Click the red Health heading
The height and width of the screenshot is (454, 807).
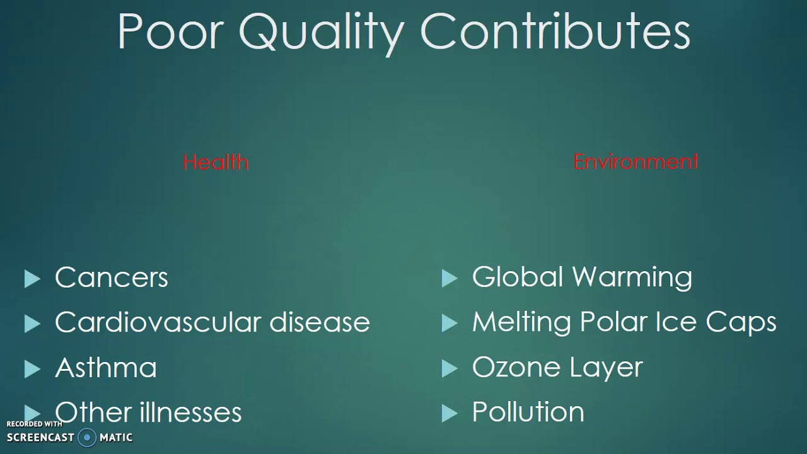tap(216, 163)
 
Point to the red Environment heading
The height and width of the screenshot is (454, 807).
tap(636, 162)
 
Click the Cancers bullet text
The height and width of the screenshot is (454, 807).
tap(112, 277)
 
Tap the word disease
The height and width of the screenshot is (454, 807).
tap(320, 322)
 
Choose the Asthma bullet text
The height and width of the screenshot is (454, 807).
tap(106, 368)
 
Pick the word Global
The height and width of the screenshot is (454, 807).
tap(517, 277)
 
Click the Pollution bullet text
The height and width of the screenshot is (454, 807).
tap(528, 412)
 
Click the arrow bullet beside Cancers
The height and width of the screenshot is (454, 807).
tap(32, 279)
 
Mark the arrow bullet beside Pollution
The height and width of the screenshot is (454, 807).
tap(449, 414)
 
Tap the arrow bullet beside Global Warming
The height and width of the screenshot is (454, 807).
tap(449, 279)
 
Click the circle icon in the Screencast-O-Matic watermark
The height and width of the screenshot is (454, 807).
tap(88, 437)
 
